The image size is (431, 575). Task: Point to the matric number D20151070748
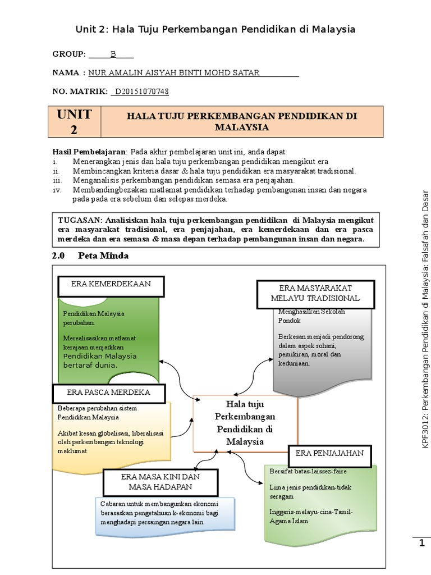point(141,91)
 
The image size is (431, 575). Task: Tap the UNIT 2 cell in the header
point(74,122)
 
